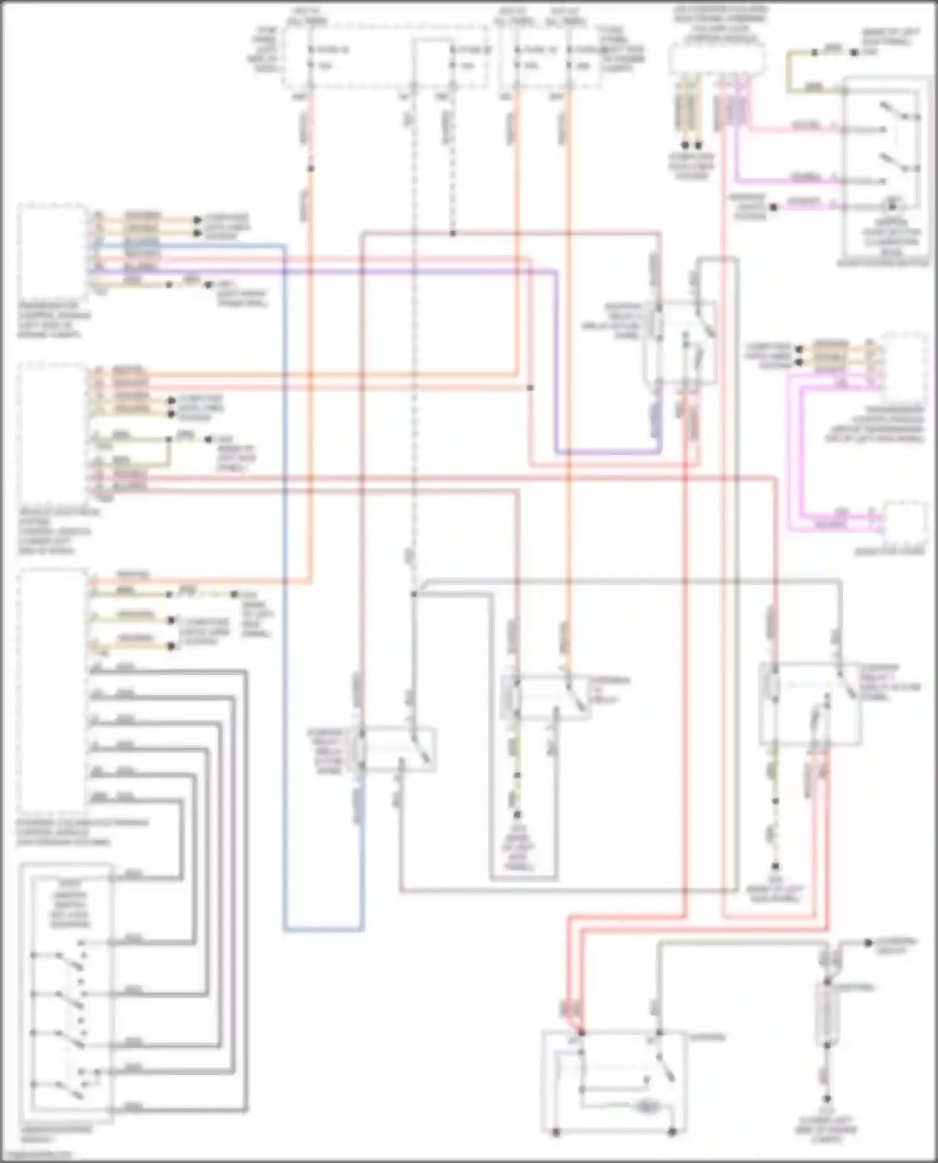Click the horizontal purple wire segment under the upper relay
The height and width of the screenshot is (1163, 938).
[x=607, y=451]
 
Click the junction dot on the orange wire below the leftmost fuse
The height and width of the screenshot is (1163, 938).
[x=311, y=169]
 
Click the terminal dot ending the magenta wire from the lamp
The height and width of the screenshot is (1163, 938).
[x=774, y=207]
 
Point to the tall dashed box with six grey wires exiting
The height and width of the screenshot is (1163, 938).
[x=53, y=691]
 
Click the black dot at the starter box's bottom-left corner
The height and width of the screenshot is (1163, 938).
[x=556, y=1132]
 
